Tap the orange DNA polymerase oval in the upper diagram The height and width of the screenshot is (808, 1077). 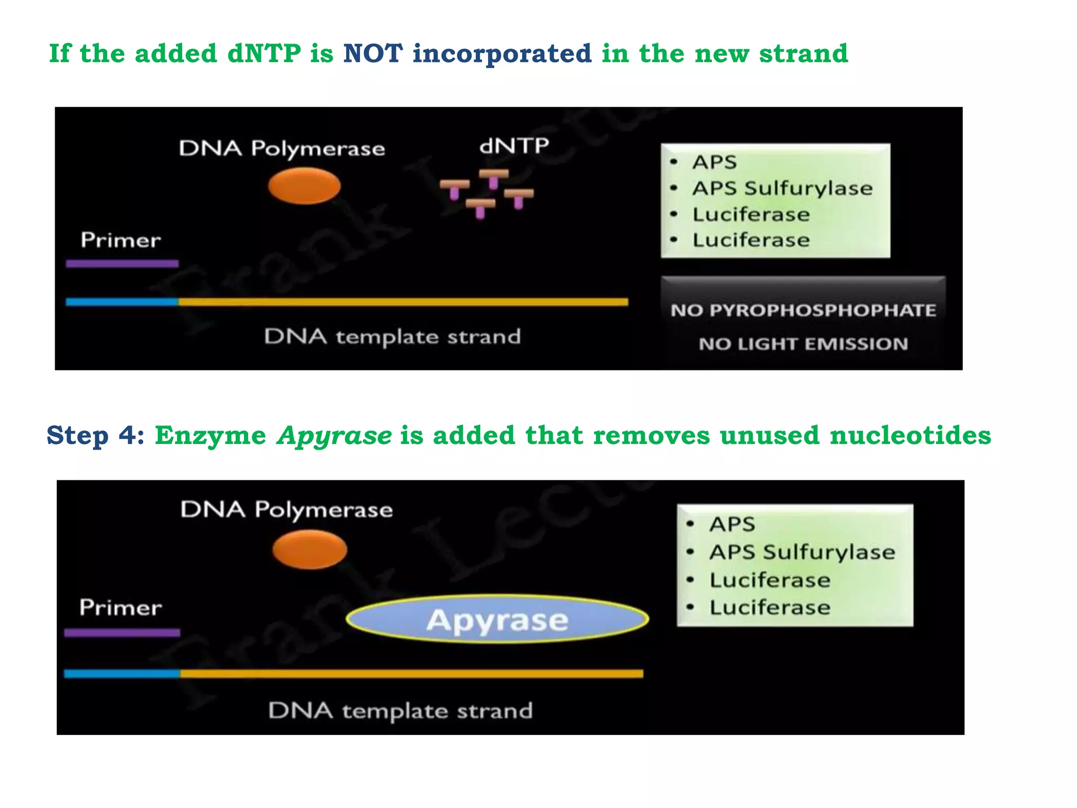pos(304,186)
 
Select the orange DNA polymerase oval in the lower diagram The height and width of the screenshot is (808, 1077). pos(310,549)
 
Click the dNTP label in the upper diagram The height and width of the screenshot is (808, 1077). pos(514,146)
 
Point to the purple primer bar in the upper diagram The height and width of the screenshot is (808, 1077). pos(122,264)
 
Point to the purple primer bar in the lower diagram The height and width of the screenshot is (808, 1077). pos(122,633)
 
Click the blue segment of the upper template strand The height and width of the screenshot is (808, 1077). pos(122,302)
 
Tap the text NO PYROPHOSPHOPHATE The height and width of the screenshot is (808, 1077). pos(803,310)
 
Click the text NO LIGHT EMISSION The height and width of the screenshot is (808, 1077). pos(803,344)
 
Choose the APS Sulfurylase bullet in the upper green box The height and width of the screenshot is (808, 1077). pos(782,188)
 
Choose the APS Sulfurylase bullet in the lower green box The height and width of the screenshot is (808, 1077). pos(801,552)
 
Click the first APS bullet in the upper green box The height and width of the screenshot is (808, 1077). pos(714,162)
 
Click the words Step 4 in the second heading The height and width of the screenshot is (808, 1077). pos(95,436)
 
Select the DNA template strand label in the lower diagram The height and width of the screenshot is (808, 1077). pos(400,711)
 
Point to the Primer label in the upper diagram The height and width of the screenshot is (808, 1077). pos(120,240)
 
